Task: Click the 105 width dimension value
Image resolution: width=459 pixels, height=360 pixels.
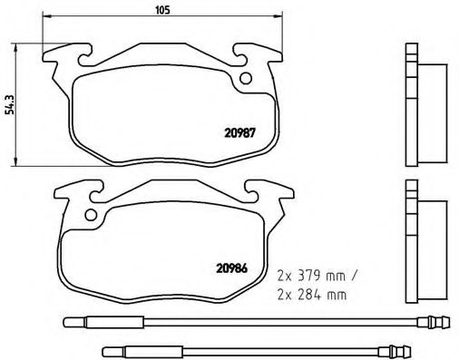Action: [x=163, y=11]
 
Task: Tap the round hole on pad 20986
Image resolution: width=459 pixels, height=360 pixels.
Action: [x=89, y=215]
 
